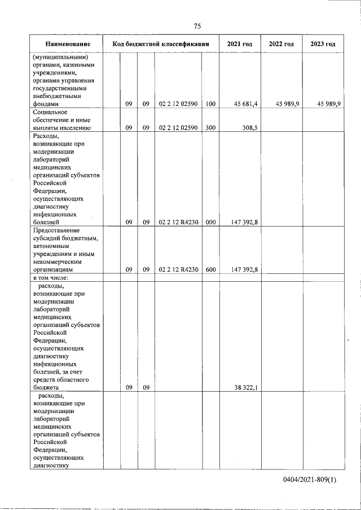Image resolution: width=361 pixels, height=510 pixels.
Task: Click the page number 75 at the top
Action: click(x=197, y=26)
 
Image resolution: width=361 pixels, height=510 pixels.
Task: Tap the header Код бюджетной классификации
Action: click(x=161, y=44)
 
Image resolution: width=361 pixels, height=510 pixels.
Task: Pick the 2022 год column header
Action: click(x=281, y=44)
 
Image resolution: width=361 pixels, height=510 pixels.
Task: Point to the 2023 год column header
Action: click(x=323, y=44)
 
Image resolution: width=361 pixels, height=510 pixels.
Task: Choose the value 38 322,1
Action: click(x=245, y=388)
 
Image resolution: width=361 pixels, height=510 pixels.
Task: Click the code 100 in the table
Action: click(x=210, y=104)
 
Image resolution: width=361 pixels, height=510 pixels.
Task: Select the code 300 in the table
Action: click(x=210, y=128)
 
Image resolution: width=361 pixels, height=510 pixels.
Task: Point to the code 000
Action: click(x=210, y=223)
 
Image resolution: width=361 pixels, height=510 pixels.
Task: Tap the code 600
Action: click(x=210, y=270)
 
